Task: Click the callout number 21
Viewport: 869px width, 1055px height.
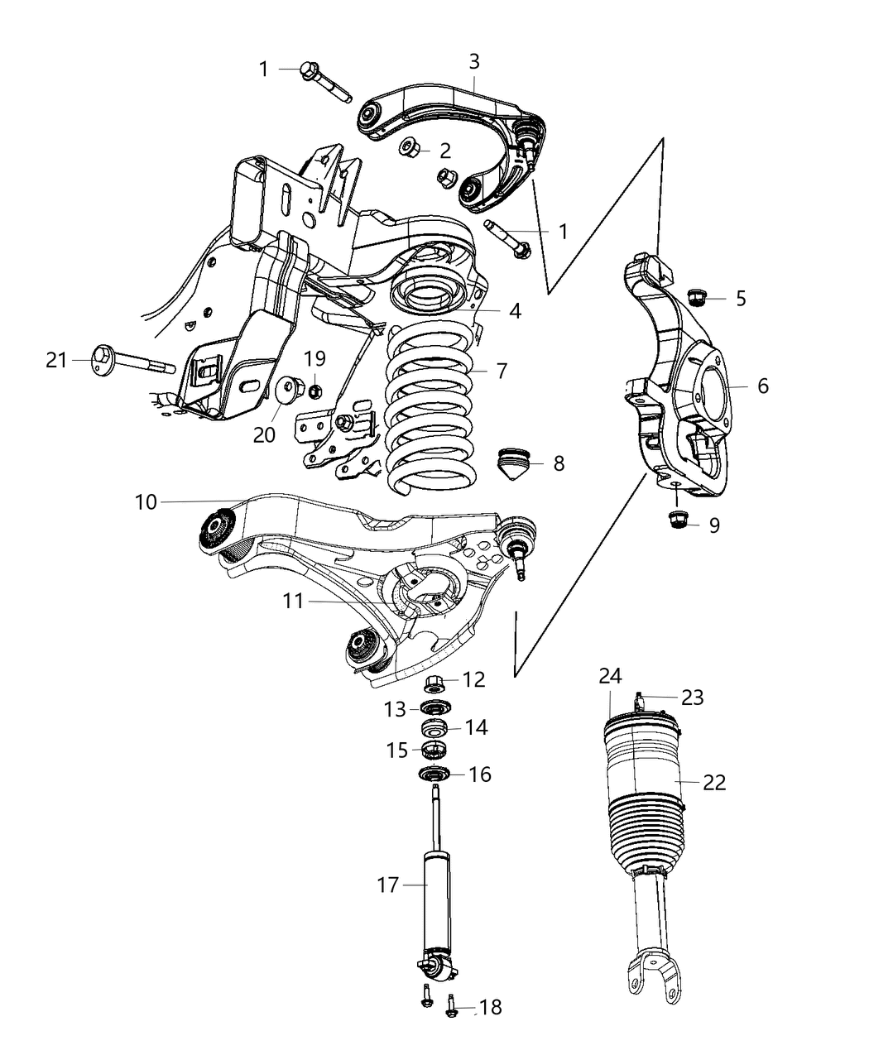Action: tap(55, 360)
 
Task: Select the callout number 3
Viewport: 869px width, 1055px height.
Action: tap(473, 61)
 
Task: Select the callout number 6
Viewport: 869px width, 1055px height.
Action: tap(762, 386)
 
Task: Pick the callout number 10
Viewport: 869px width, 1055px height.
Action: tap(146, 501)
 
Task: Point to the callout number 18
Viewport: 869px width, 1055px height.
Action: tap(490, 1007)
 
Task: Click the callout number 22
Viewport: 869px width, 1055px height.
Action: tap(713, 782)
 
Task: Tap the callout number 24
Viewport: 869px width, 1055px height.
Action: tap(610, 676)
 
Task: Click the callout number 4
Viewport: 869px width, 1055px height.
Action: tap(515, 311)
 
